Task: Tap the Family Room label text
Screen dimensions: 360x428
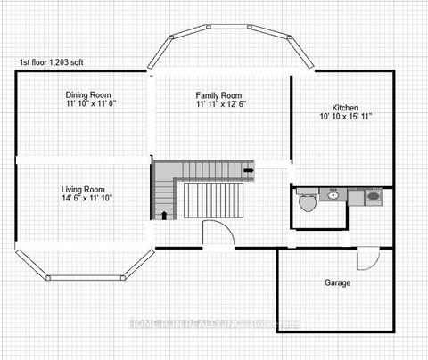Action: pyautogui.click(x=219, y=94)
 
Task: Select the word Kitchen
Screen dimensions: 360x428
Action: pyautogui.click(x=345, y=107)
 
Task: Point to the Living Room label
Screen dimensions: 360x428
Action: pyautogui.click(x=83, y=190)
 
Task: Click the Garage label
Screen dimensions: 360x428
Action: pyautogui.click(x=337, y=282)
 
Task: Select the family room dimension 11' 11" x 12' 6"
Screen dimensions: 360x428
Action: pyautogui.click(x=219, y=104)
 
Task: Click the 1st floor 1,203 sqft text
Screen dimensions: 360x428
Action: pyautogui.click(x=62, y=63)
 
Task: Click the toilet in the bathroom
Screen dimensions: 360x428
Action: pyautogui.click(x=308, y=201)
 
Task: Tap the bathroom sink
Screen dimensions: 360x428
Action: pyautogui.click(x=333, y=193)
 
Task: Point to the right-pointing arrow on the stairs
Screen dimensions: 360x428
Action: pyautogui.click(x=249, y=169)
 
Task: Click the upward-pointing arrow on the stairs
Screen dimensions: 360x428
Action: pyautogui.click(x=164, y=214)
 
